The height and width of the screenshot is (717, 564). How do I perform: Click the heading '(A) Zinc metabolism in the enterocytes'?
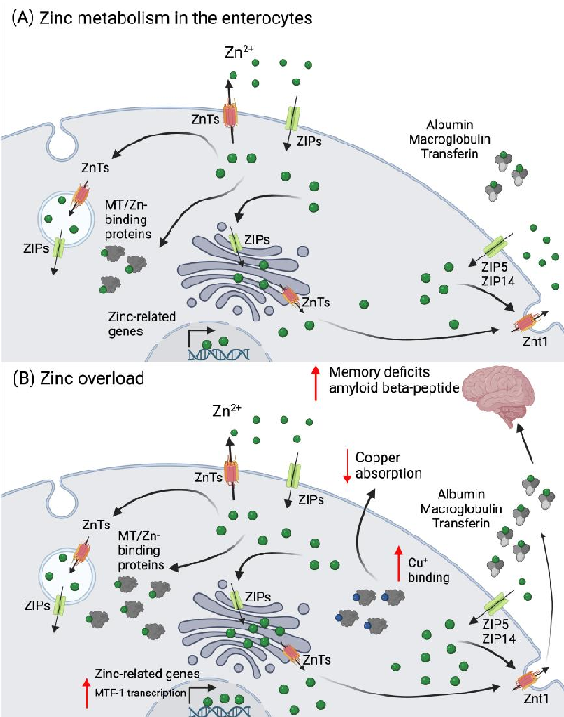point(153,16)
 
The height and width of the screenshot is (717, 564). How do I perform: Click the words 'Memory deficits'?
point(378,372)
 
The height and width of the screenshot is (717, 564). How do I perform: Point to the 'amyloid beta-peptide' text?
point(393,387)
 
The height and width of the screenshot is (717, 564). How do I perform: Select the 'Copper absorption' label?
point(389,465)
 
